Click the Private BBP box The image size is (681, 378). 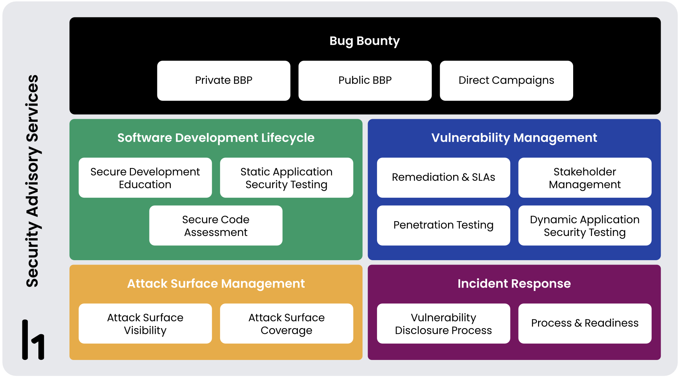[x=224, y=81]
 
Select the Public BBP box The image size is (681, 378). [x=365, y=81]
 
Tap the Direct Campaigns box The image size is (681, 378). [x=506, y=81]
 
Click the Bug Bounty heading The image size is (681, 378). [x=364, y=41]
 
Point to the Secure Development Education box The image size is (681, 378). [x=145, y=178]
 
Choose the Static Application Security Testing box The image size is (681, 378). [x=286, y=178]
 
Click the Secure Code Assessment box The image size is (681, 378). [x=216, y=225]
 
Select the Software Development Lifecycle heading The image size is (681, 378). [x=216, y=138]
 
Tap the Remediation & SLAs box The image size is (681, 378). [x=443, y=178]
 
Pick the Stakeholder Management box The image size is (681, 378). [x=585, y=178]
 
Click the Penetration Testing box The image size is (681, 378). [x=443, y=225]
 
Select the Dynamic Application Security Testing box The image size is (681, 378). [x=585, y=225]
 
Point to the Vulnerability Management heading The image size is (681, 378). [x=514, y=138]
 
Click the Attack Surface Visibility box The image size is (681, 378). [x=145, y=323]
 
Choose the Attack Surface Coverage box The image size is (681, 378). [x=286, y=323]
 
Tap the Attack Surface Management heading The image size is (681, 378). [x=216, y=284]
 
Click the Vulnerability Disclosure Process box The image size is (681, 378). [x=443, y=323]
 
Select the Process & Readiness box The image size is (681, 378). [x=585, y=323]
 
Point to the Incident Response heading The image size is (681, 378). [x=514, y=284]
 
